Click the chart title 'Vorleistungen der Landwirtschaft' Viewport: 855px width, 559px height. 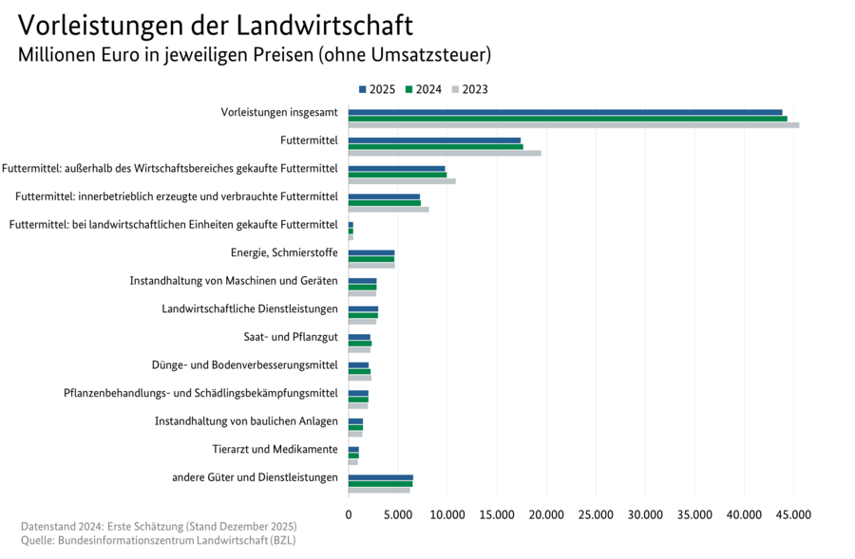pyautogui.click(x=216, y=24)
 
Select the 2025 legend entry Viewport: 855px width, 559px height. pyautogui.click(x=377, y=89)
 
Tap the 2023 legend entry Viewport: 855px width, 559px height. pyautogui.click(x=469, y=89)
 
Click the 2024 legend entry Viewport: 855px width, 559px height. pyautogui.click(x=424, y=89)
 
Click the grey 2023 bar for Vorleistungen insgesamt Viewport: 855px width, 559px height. pyautogui.click(x=573, y=124)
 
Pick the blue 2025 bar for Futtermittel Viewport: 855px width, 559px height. pyautogui.click(x=434, y=140)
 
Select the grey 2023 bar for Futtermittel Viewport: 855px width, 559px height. pyautogui.click(x=445, y=153)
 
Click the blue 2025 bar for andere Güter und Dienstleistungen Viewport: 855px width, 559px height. pyautogui.click(x=380, y=477)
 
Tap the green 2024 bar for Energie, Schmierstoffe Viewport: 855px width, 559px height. pyautogui.click(x=370, y=258)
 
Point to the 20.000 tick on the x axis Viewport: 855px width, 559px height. pyautogui.click(x=546, y=513)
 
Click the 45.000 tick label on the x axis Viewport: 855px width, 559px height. pyautogui.click(x=793, y=513)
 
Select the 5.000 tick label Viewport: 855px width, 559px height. pyautogui.click(x=398, y=513)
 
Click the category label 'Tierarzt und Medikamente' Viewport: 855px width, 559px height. pyautogui.click(x=275, y=449)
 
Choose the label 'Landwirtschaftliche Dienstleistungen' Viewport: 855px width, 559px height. pyautogui.click(x=250, y=308)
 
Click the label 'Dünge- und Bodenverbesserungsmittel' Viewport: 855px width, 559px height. pyautogui.click(x=244, y=364)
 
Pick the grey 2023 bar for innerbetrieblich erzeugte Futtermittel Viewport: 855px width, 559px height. pyautogui.click(x=388, y=209)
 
